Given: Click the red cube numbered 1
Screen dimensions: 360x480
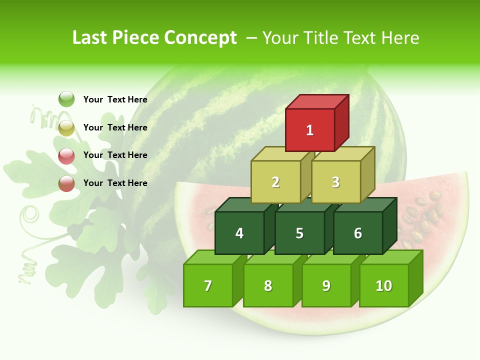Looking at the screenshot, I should [310, 130].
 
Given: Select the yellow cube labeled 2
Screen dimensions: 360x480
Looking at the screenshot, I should [275, 182].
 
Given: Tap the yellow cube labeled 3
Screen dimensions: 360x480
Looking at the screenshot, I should [335, 182].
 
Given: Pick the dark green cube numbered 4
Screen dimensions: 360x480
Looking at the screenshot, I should [239, 233].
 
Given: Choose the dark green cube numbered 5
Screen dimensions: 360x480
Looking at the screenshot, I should [299, 233].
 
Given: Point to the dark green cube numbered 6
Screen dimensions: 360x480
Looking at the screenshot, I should [358, 233].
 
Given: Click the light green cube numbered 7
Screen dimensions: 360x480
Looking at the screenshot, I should [208, 285].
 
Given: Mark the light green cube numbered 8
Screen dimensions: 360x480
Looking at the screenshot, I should [268, 285].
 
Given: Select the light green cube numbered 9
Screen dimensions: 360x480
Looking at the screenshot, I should [326, 285].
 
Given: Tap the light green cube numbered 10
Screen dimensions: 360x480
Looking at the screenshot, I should [384, 285].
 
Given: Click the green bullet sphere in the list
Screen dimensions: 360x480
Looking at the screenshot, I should [66, 99].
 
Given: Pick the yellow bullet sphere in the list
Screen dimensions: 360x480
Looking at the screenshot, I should [66, 127].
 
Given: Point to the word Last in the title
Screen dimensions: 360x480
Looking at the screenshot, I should [90, 38].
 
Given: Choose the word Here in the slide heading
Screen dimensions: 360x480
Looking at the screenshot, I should [400, 38].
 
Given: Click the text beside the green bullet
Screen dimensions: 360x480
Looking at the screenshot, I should [115, 99].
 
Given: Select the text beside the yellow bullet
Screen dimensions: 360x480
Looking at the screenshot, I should [115, 127].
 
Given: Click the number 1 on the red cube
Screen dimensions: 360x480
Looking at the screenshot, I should [310, 130].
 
